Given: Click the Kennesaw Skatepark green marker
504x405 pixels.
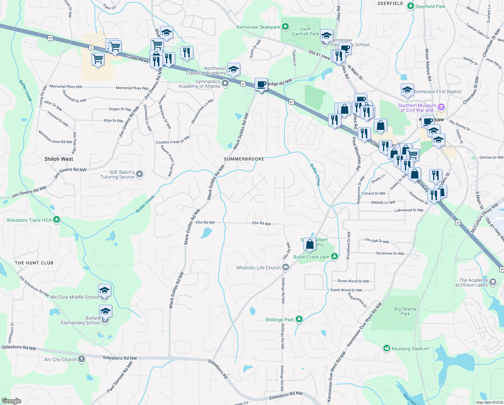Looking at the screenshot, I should click(x=285, y=27).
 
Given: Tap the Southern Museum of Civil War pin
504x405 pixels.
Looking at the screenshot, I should click(x=441, y=107).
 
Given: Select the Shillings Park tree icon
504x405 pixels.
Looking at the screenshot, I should click(x=299, y=319).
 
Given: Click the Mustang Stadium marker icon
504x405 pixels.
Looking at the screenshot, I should click(x=387, y=348).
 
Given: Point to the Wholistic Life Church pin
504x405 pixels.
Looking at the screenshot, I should click(x=286, y=267).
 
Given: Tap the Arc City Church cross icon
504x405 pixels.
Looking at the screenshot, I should click(x=82, y=359).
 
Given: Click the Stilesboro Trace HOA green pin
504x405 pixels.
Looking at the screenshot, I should click(x=57, y=220).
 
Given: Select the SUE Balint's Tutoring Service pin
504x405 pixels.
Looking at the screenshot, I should click(x=140, y=174).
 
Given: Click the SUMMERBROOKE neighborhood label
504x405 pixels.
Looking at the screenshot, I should click(x=244, y=159).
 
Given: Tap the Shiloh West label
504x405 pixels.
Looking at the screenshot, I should click(x=59, y=159).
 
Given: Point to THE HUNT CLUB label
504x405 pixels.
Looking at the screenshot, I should click(x=34, y=263).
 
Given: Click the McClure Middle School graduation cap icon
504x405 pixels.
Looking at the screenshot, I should click(x=104, y=290).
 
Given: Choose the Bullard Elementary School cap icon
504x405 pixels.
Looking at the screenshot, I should click(x=105, y=311).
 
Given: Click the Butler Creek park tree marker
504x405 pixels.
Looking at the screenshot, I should click(x=334, y=256).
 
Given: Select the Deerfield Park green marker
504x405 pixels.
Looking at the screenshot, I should click(x=411, y=6).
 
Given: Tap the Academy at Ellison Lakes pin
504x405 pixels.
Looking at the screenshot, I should click(x=493, y=282).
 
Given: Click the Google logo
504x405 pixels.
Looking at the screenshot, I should click(x=11, y=401).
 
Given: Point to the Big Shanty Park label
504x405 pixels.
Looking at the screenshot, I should click(x=405, y=311).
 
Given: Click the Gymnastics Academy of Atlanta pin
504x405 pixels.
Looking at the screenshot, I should click(x=225, y=83).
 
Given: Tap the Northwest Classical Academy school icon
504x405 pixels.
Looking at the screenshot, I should click(x=233, y=70).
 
